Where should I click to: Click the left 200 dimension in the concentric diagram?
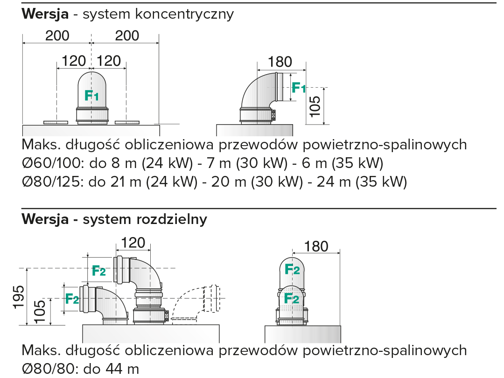(x=57, y=35)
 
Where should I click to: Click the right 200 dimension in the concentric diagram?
(x=127, y=35)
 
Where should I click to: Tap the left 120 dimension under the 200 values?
(x=74, y=61)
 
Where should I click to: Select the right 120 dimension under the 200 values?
(x=109, y=61)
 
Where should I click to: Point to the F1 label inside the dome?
(x=91, y=96)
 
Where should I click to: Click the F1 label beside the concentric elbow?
(x=299, y=87)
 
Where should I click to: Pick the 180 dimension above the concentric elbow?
(x=280, y=62)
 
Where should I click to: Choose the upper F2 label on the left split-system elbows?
(x=98, y=270)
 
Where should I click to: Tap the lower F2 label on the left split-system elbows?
(x=72, y=298)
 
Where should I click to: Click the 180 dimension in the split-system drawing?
(x=317, y=246)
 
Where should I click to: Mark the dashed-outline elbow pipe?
(x=196, y=303)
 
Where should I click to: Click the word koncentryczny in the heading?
(x=184, y=14)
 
